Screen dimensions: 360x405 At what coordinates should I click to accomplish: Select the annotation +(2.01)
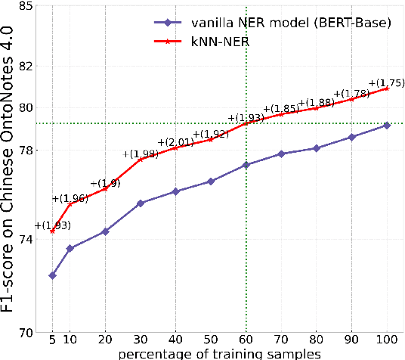176,142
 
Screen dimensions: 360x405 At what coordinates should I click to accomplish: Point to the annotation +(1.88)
317,103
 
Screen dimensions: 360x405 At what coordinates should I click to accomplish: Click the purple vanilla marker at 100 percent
386,125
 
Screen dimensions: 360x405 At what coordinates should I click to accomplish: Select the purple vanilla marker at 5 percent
52,275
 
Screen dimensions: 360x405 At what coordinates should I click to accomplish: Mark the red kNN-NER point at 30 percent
141,160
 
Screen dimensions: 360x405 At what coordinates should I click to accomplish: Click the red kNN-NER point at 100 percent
386,88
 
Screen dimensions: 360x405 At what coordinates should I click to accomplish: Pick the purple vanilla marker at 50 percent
211,182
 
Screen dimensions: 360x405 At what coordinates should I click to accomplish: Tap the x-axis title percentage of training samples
218,353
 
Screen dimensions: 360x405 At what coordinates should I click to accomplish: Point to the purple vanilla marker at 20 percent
105,231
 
